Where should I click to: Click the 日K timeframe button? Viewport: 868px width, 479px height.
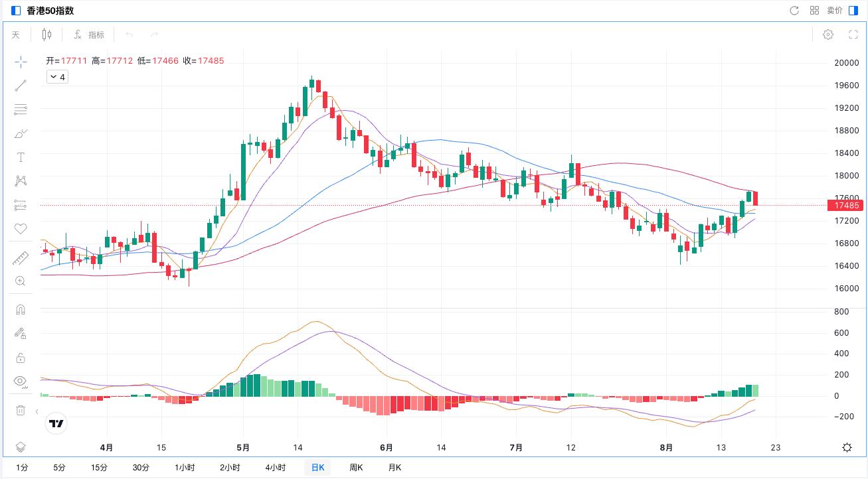pos(317,468)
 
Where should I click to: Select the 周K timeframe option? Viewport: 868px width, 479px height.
pos(356,468)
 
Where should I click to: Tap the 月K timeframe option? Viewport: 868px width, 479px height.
pos(394,468)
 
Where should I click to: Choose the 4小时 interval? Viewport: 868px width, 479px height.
pos(276,468)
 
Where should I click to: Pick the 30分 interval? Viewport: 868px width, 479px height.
pos(141,468)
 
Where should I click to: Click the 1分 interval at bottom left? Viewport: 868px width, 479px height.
pos(22,468)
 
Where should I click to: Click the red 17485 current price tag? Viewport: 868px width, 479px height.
pos(843,206)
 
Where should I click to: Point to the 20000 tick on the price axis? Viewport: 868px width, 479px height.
pos(847,63)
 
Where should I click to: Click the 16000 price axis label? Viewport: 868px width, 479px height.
pos(847,289)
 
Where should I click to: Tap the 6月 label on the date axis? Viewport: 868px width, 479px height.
pos(387,448)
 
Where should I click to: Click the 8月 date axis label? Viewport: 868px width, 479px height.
pos(667,448)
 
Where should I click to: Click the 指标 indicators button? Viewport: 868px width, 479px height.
pos(90,34)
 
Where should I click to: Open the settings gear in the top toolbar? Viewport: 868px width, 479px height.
pos(828,34)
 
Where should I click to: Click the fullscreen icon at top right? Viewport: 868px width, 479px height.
pos(854,34)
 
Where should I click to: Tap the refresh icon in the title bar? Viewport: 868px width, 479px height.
pos(794,11)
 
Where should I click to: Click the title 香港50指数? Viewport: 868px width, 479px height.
pos(50,11)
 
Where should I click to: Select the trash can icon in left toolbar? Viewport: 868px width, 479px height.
pos(21,411)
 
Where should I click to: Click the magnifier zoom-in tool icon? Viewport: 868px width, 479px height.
pos(21,281)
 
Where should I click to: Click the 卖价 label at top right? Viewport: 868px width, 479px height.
pos(835,11)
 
